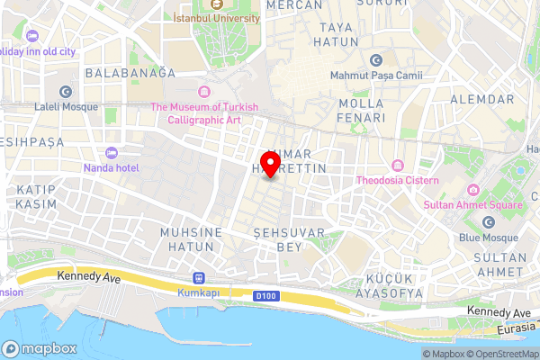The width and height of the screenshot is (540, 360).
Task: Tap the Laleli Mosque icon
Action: pyautogui.click(x=65, y=92)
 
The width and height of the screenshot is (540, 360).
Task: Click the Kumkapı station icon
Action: pyautogui.click(x=198, y=278)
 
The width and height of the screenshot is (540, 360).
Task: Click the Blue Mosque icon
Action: pyautogui.click(x=488, y=222)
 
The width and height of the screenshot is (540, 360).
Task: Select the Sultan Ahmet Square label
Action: pyautogui.click(x=473, y=204)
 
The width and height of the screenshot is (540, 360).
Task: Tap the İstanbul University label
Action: pyautogui.click(x=216, y=18)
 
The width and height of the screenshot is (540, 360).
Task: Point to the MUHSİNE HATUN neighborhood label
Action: pyautogui.click(x=190, y=239)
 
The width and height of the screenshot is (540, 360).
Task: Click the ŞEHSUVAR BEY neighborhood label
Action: pyautogui.click(x=276, y=238)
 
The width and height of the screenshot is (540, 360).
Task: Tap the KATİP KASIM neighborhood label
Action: pyautogui.click(x=35, y=197)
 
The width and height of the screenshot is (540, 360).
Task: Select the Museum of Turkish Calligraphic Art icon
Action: pyautogui.click(x=204, y=93)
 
